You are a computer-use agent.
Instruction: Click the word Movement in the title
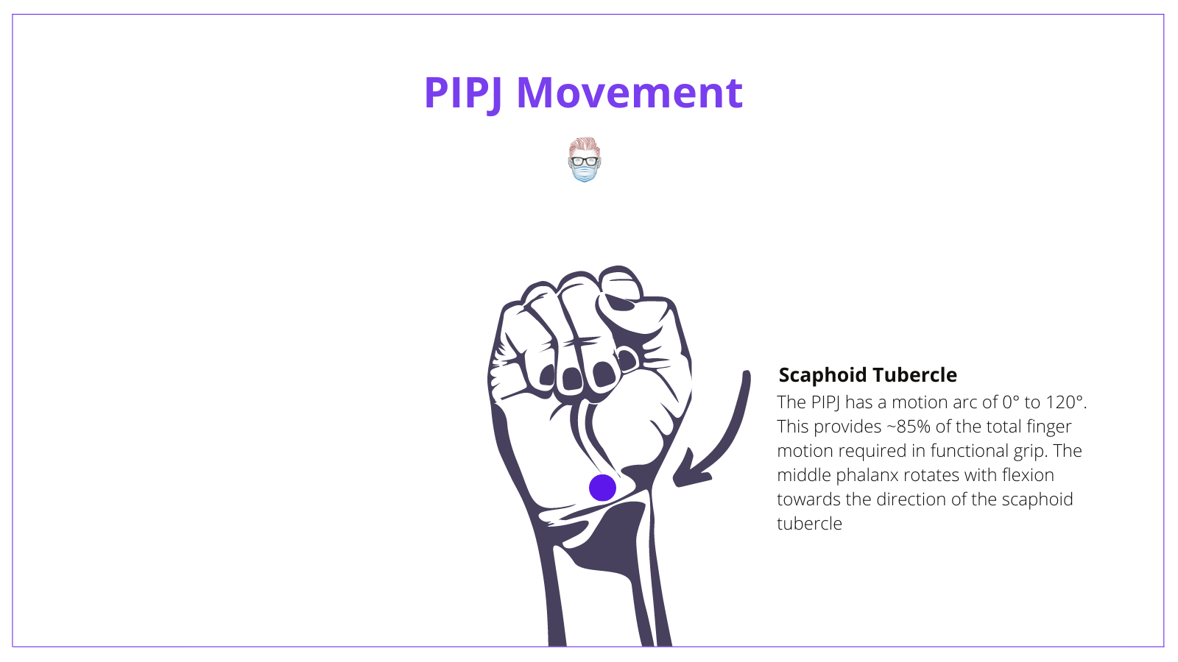point(629,93)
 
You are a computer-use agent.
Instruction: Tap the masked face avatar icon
point(585,160)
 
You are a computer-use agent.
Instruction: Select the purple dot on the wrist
point(602,488)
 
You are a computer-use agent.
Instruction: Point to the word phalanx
point(867,475)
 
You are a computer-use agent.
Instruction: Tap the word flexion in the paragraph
point(1028,475)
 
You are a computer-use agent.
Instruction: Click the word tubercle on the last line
point(809,524)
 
